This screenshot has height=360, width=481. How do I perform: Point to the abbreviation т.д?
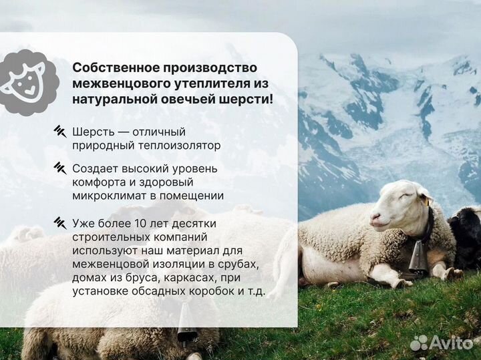point(253,291)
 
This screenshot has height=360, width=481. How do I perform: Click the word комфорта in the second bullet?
point(98,182)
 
